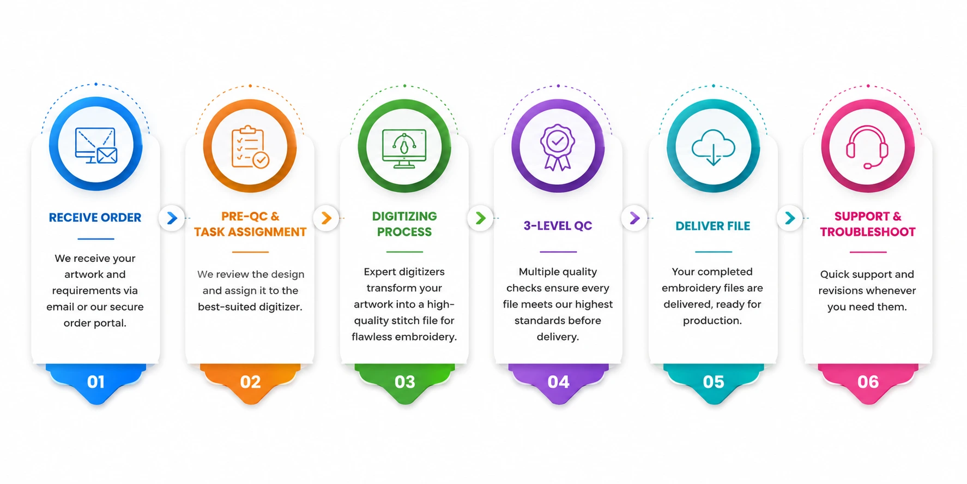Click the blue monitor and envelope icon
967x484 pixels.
[96, 145]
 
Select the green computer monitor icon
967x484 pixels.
[404, 148]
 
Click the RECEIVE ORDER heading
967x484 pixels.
[95, 217]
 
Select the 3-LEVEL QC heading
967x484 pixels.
[558, 225]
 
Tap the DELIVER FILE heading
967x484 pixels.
[712, 226]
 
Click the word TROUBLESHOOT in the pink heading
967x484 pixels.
[868, 232]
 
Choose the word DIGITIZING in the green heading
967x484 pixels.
[404, 216]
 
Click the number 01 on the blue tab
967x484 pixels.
[96, 382]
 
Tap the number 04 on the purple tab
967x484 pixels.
[558, 382]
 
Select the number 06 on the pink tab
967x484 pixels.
[868, 382]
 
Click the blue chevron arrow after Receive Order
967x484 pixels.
[172, 218]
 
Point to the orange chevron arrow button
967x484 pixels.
[326, 218]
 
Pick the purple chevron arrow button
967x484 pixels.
[634, 218]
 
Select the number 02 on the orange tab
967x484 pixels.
[250, 382]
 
